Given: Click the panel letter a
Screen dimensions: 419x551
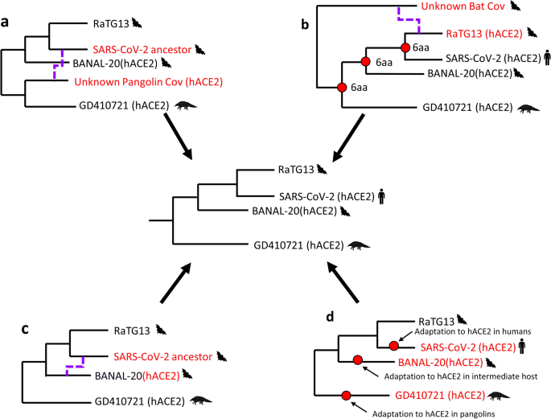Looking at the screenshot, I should pos(7,15).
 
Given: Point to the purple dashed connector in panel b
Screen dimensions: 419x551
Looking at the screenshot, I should pos(407,18).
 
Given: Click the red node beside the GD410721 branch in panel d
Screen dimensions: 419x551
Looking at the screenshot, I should pos(346,395).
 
